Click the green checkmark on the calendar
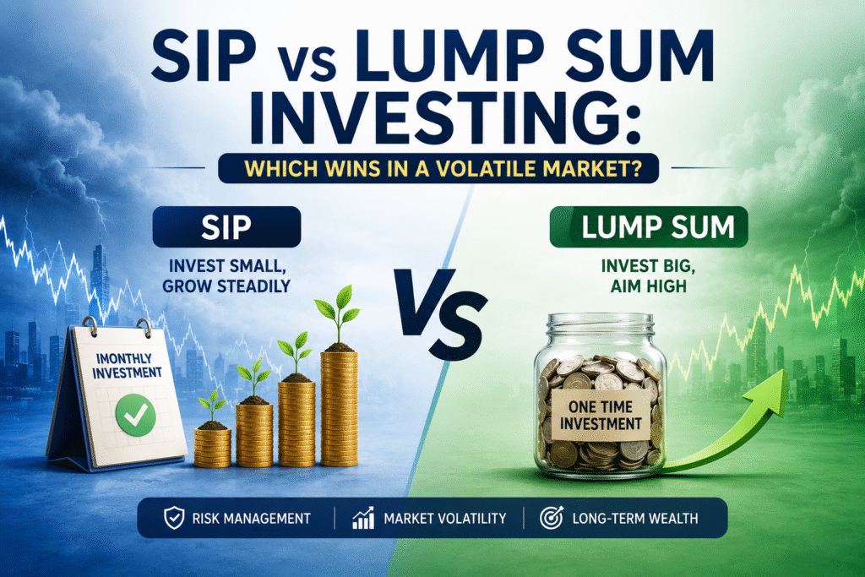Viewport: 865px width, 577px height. tap(135, 415)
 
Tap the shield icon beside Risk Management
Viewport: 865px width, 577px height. tap(174, 519)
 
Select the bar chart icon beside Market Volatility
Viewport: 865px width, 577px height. tap(363, 519)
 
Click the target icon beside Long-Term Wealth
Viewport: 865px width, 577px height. tap(551, 518)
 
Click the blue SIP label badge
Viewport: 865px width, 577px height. tap(226, 226)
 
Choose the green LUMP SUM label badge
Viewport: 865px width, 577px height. tap(649, 226)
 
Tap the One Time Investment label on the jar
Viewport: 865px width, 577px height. tap(601, 415)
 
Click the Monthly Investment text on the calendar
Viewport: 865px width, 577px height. tap(127, 366)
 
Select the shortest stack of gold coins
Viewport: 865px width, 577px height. tap(212, 447)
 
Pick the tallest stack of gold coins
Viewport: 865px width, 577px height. tap(339, 408)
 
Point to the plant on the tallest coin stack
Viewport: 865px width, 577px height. tap(337, 318)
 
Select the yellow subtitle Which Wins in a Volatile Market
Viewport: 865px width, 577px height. tap(443, 168)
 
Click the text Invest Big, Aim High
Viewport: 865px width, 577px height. tap(649, 275)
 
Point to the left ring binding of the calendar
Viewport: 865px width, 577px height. tap(90, 327)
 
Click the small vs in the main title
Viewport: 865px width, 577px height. tap(312, 65)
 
